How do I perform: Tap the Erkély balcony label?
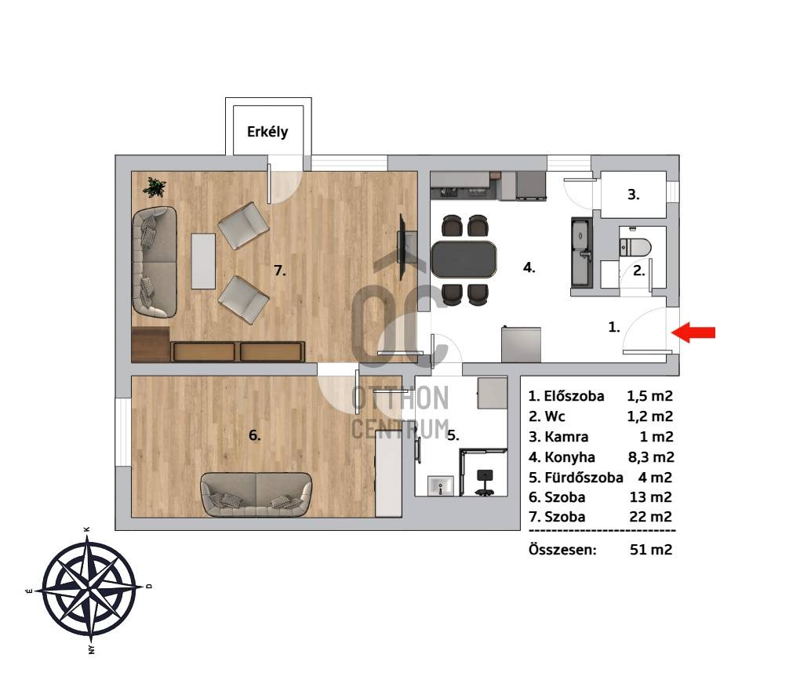(x=267, y=132)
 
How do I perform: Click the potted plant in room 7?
(x=154, y=187)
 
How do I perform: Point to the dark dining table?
(x=464, y=259)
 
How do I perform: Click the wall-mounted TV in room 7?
(x=402, y=247)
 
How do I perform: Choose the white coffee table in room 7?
(x=203, y=261)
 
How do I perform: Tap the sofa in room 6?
(x=256, y=494)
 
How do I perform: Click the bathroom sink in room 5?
(x=440, y=486)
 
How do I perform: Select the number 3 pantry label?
(x=633, y=194)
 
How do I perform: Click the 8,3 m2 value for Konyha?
(x=651, y=457)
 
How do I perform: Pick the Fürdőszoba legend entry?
(x=576, y=478)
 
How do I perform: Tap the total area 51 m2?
(x=651, y=549)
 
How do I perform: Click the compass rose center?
(x=89, y=589)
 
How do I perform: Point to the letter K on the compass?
(x=87, y=530)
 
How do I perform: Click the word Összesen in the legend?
(x=562, y=549)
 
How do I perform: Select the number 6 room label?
(x=255, y=435)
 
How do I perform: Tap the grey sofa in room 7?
(x=155, y=262)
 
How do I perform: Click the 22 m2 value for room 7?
(x=651, y=517)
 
